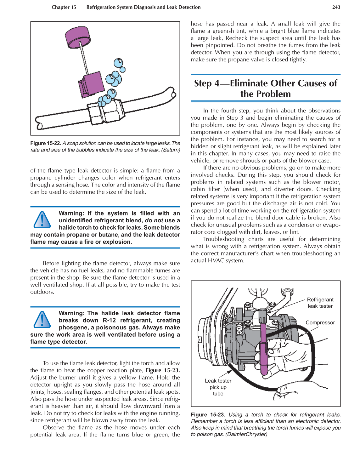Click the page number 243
click(336, 7)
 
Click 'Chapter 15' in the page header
click(64, 7)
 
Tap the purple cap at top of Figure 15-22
click(77, 37)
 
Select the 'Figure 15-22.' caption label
click(46, 143)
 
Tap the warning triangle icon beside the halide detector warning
click(42, 320)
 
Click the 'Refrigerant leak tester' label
click(320, 303)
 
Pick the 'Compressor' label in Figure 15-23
click(320, 322)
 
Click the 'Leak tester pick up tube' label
click(218, 387)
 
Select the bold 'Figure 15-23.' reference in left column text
click(163, 370)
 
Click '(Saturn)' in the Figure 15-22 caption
click(171, 150)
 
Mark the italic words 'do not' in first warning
click(154, 220)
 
